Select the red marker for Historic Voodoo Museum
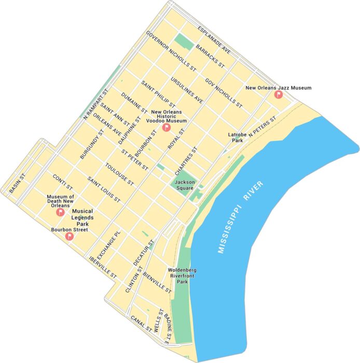(x=166, y=128)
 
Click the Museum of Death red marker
(x=60, y=212)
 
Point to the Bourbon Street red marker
(x=69, y=236)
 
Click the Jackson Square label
(x=185, y=185)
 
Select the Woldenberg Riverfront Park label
(x=182, y=276)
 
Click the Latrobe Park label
(x=236, y=137)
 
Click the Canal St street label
(x=141, y=324)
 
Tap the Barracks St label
(x=210, y=57)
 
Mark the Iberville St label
(x=103, y=266)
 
